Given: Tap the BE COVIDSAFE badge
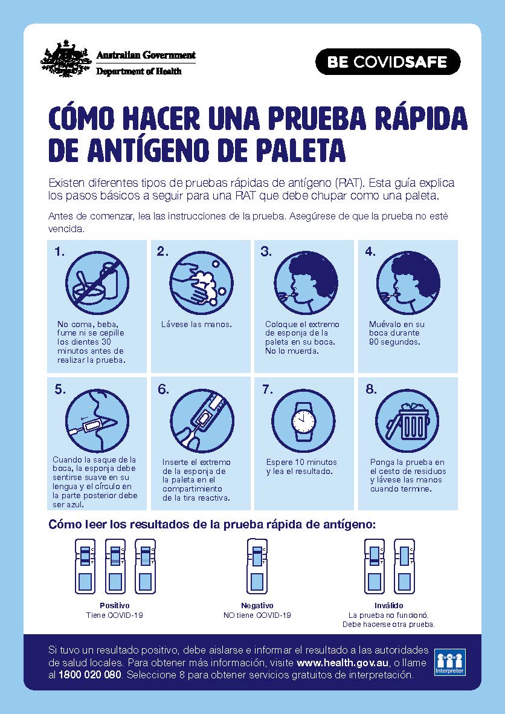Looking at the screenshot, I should (x=388, y=62).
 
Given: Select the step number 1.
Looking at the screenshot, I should (x=59, y=252).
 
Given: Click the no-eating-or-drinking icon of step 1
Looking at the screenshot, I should (x=97, y=282).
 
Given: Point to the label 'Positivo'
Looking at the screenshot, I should (x=114, y=605).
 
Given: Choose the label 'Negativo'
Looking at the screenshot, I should (x=257, y=605).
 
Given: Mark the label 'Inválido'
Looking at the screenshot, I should (x=388, y=605).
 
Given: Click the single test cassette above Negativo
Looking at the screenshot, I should (x=257, y=565).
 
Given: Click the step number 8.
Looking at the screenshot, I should (x=371, y=389).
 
